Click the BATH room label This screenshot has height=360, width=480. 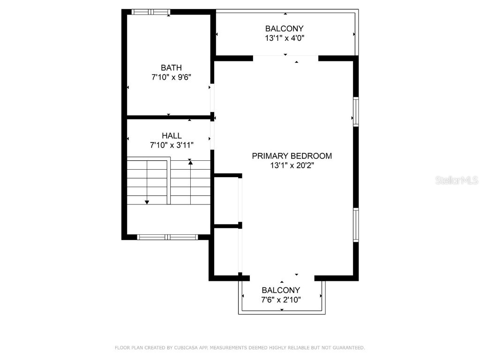[171, 67]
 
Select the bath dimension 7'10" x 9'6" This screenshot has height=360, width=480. [171, 77]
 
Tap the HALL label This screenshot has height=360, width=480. [172, 135]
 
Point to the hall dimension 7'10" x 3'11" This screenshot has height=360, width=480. [172, 145]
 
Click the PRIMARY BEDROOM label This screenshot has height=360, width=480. [292, 156]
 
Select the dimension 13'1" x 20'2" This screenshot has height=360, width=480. [292, 165]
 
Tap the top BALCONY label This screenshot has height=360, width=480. [284, 29]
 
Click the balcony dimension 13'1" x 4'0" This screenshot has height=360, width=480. [284, 38]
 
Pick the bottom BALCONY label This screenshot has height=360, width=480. [281, 290]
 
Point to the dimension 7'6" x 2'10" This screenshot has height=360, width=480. [281, 300]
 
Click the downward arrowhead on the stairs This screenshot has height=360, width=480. [147, 202]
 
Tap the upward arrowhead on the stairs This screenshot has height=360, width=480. [190, 162]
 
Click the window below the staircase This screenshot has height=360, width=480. [167, 237]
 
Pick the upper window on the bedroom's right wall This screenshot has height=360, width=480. [356, 112]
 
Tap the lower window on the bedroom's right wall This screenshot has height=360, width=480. [356, 225]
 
